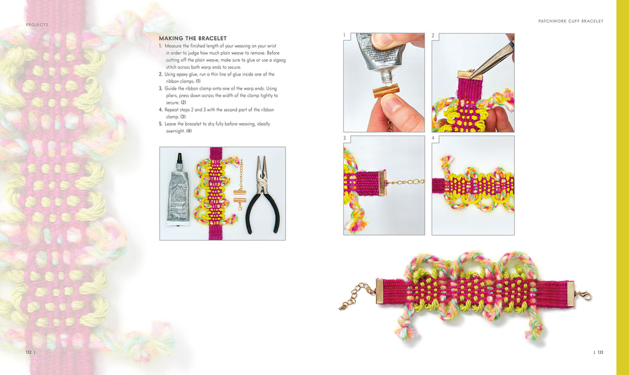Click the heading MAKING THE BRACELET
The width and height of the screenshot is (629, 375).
(x=192, y=38)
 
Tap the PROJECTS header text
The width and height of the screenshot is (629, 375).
(x=37, y=25)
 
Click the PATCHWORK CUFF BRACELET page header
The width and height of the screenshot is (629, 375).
(x=571, y=22)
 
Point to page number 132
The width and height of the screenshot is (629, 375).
(x=28, y=352)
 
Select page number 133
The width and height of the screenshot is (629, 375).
(x=600, y=352)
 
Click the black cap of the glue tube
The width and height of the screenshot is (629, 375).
(x=179, y=159)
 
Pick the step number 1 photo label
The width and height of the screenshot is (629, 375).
(x=344, y=35)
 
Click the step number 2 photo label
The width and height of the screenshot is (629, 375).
(x=433, y=35)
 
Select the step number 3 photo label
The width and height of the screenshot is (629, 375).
(x=344, y=138)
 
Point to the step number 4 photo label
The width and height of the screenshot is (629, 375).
(x=433, y=138)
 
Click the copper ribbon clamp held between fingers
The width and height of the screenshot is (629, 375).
(x=386, y=90)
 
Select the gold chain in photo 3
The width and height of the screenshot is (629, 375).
(x=405, y=183)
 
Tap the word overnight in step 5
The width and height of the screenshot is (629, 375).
(x=175, y=132)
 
